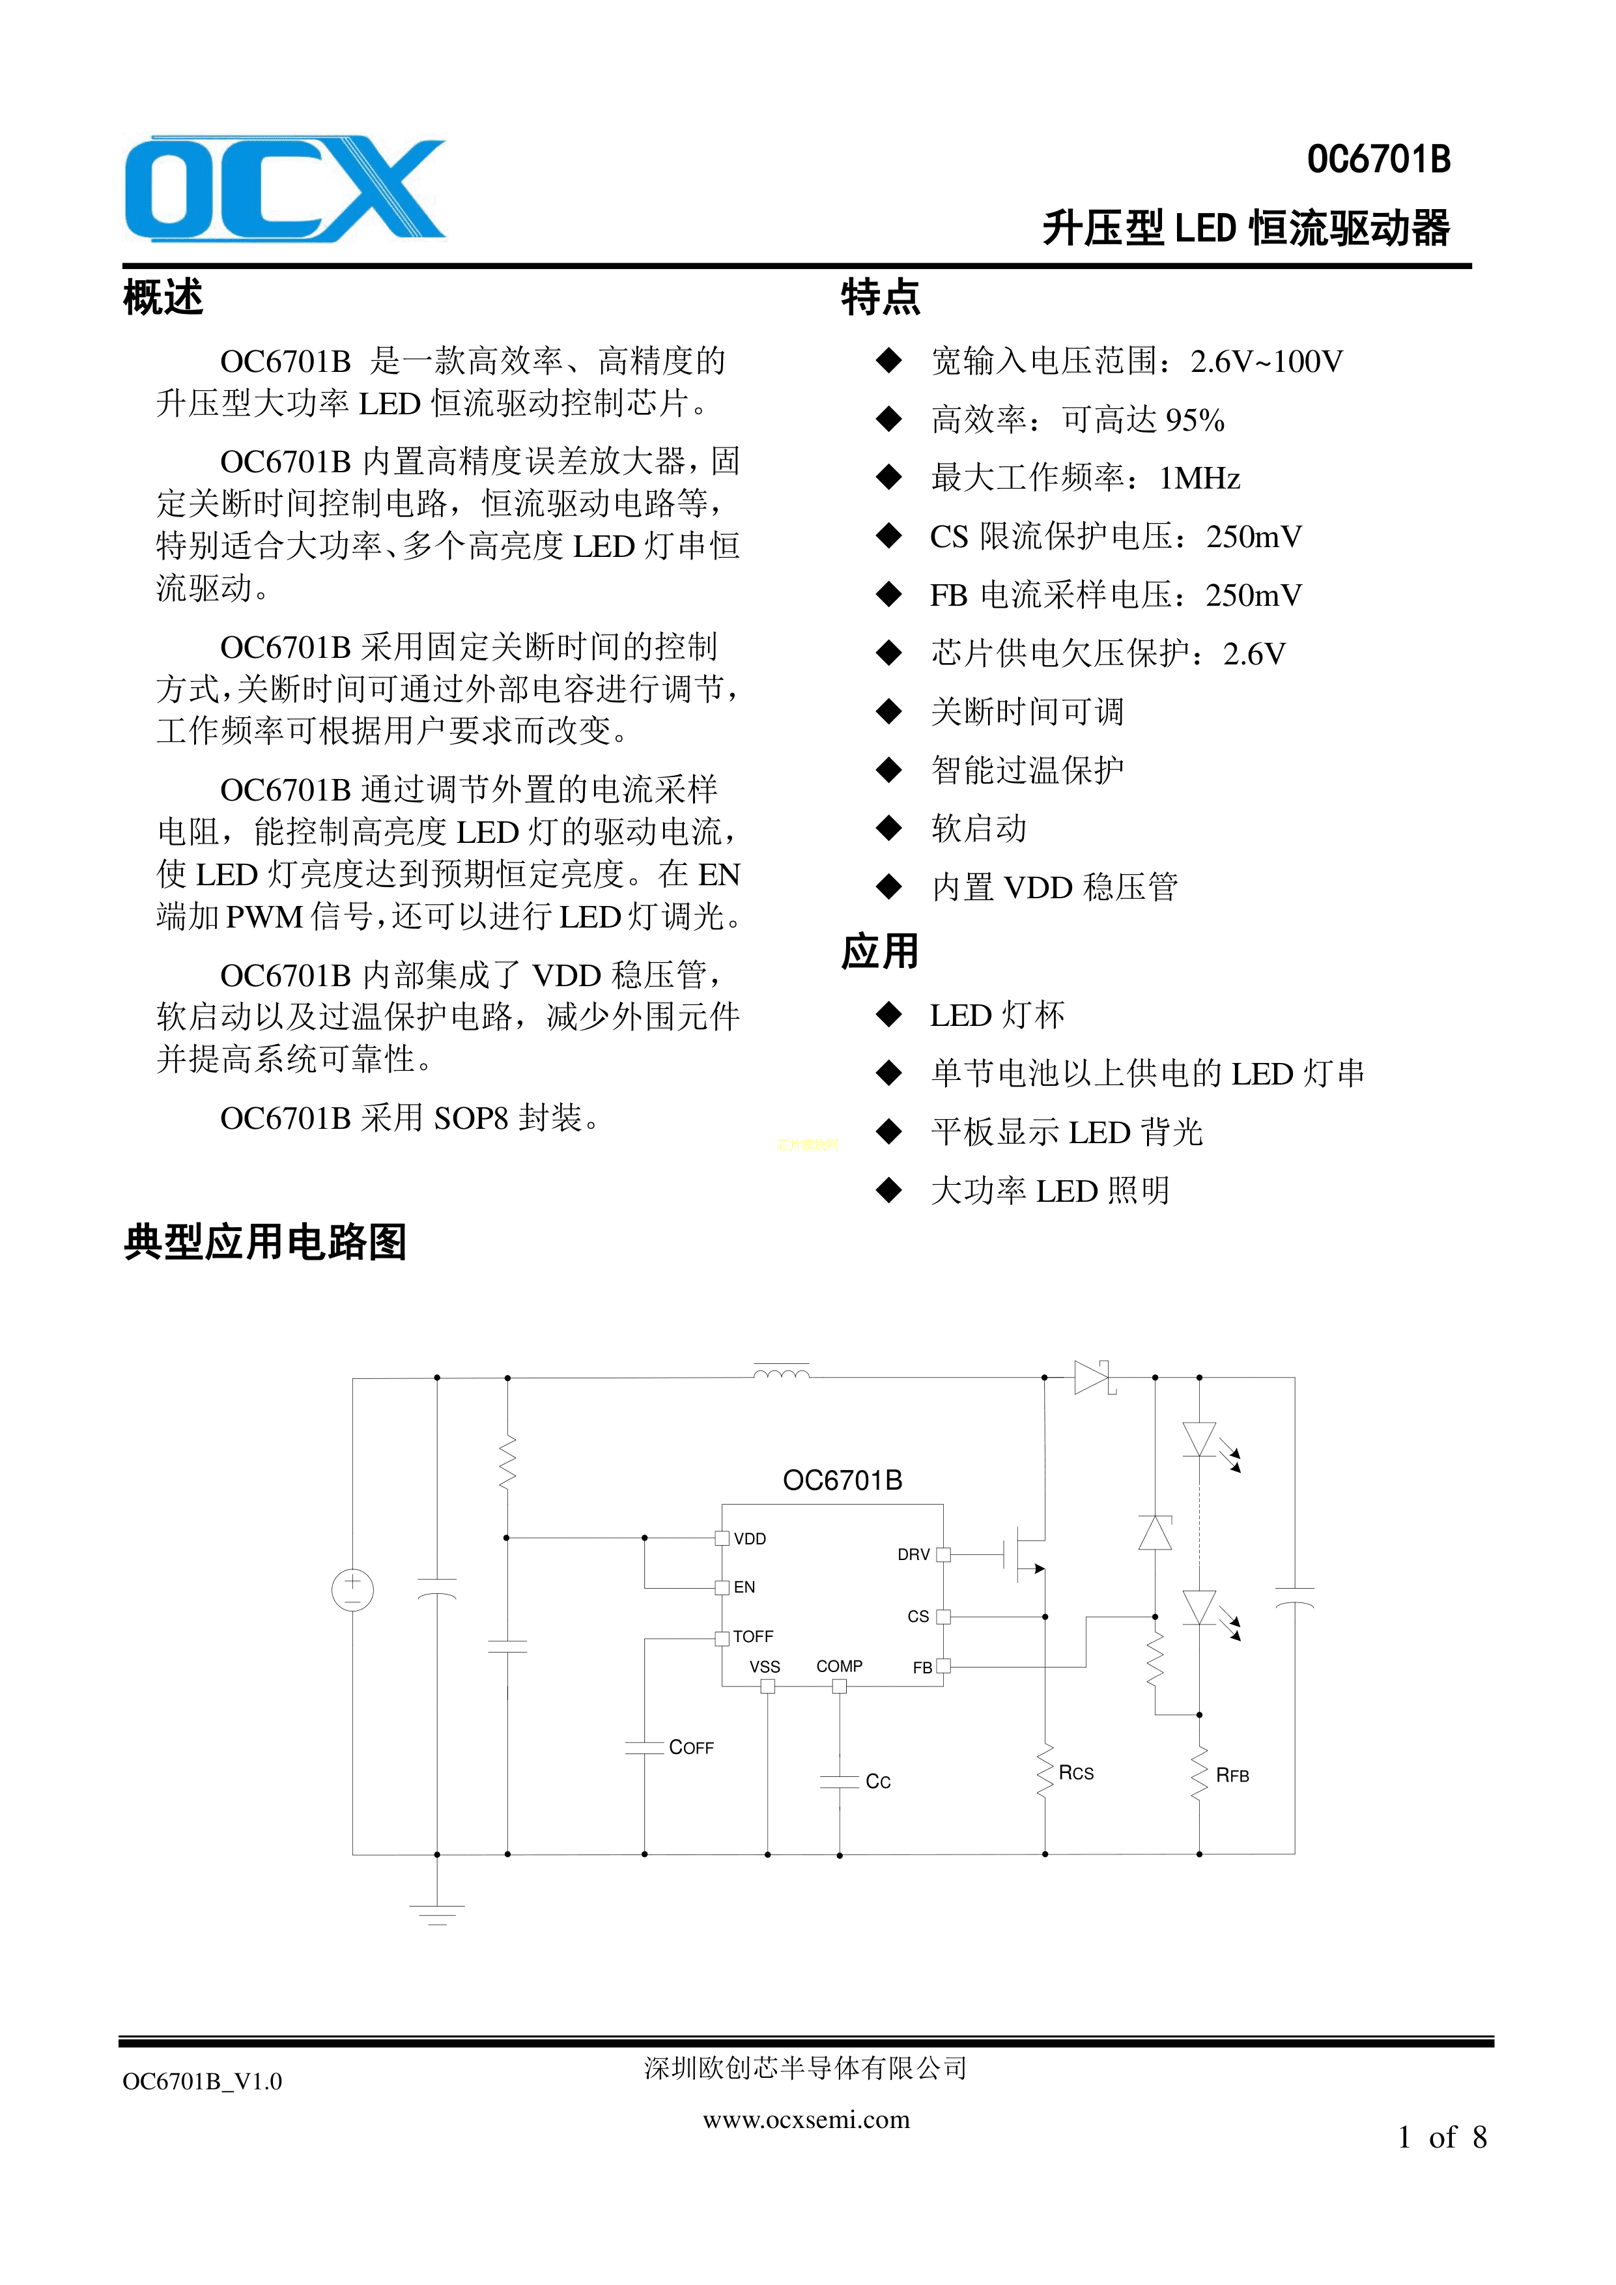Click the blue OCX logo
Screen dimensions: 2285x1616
click(285, 189)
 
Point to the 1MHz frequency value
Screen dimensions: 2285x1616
click(1199, 479)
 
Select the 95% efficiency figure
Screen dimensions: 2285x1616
click(1194, 420)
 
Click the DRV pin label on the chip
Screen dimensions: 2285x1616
click(913, 1555)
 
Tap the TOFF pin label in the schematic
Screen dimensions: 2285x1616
click(753, 1636)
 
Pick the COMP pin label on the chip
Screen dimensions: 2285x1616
click(839, 1666)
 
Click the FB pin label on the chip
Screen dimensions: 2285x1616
click(922, 1668)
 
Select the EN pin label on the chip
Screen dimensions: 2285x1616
click(744, 1587)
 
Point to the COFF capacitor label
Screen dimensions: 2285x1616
click(690, 1748)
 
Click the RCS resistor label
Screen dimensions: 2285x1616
click(1075, 1774)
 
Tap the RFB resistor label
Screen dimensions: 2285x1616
click(1232, 1776)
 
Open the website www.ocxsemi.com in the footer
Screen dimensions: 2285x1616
click(806, 2120)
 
